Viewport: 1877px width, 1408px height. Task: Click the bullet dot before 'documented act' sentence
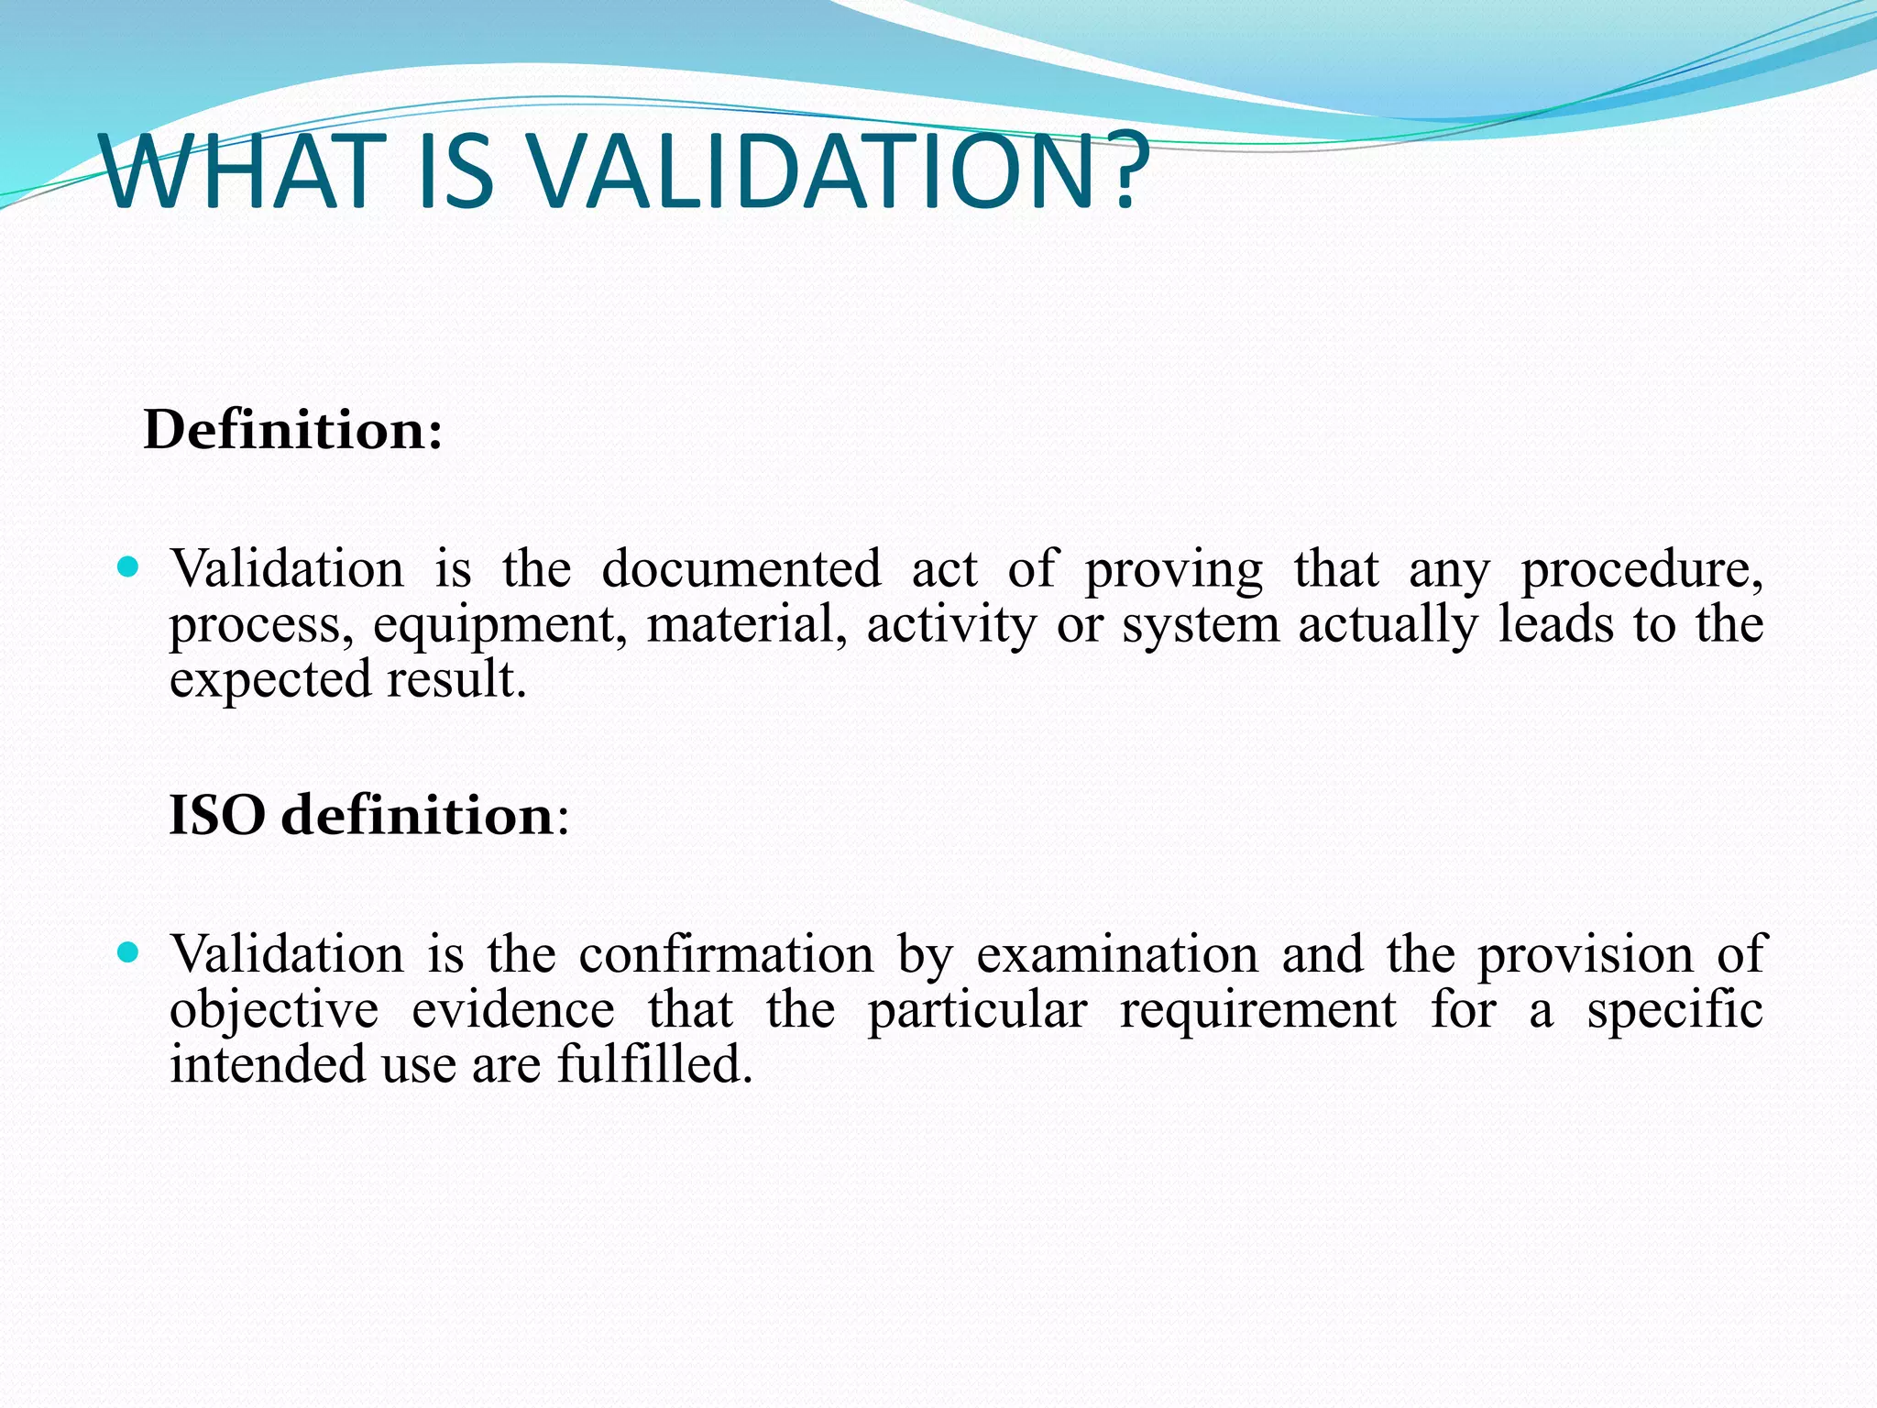click(x=128, y=567)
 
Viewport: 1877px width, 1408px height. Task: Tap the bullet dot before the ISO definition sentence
click(x=128, y=952)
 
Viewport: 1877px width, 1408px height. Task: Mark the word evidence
click(x=512, y=1009)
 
